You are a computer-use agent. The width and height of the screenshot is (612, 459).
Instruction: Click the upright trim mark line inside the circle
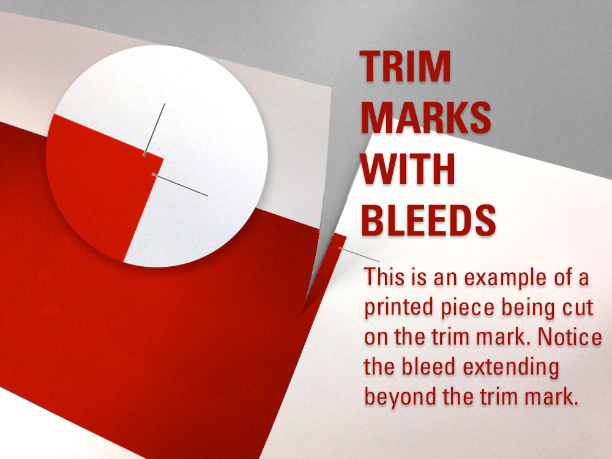pyautogui.click(x=155, y=129)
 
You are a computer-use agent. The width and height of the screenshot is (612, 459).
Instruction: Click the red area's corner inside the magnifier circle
pyautogui.click(x=162, y=159)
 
